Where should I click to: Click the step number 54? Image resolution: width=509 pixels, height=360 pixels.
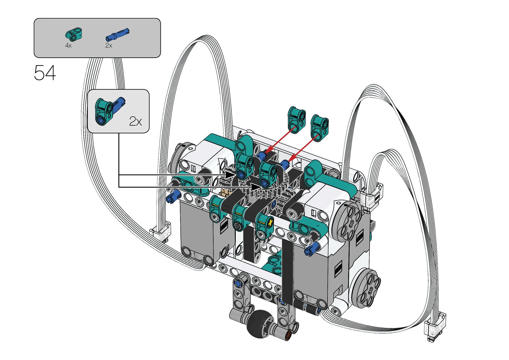click(x=45, y=73)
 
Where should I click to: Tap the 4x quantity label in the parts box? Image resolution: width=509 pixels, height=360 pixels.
click(x=68, y=45)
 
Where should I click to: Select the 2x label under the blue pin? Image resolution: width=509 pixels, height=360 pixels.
click(x=109, y=45)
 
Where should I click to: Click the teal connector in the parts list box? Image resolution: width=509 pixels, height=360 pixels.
click(x=74, y=34)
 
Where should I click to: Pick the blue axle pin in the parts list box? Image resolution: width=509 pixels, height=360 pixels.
click(x=118, y=34)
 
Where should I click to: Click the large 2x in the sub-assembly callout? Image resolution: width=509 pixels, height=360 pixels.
click(x=135, y=122)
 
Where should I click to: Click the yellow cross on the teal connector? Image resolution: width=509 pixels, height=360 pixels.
click(x=271, y=222)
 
